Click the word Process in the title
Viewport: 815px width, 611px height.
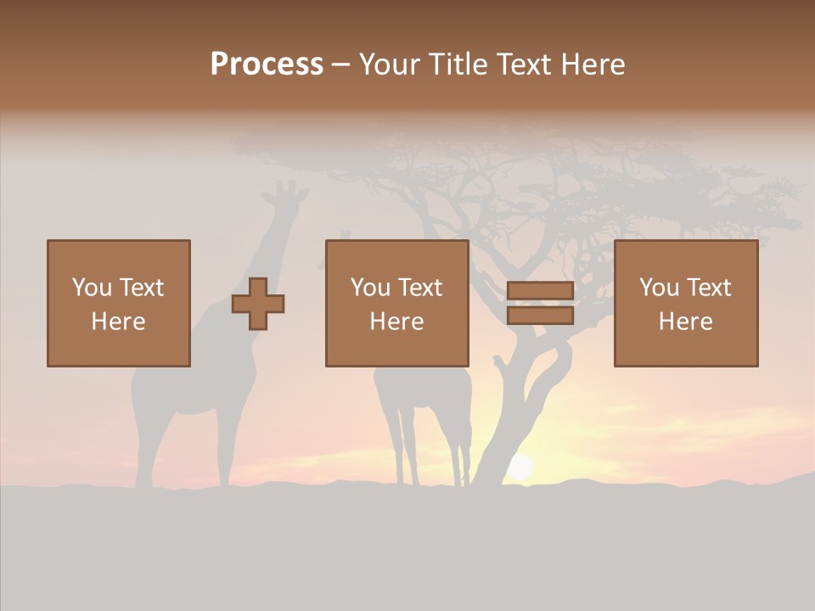pos(267,64)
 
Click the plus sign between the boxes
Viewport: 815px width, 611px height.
pos(258,304)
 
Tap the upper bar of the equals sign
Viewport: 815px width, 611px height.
pos(540,291)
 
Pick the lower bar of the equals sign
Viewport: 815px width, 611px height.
pos(540,316)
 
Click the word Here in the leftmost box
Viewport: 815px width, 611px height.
pos(118,322)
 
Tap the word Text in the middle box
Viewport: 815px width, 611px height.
pos(419,288)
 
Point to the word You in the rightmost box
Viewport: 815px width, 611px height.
pos(659,288)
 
